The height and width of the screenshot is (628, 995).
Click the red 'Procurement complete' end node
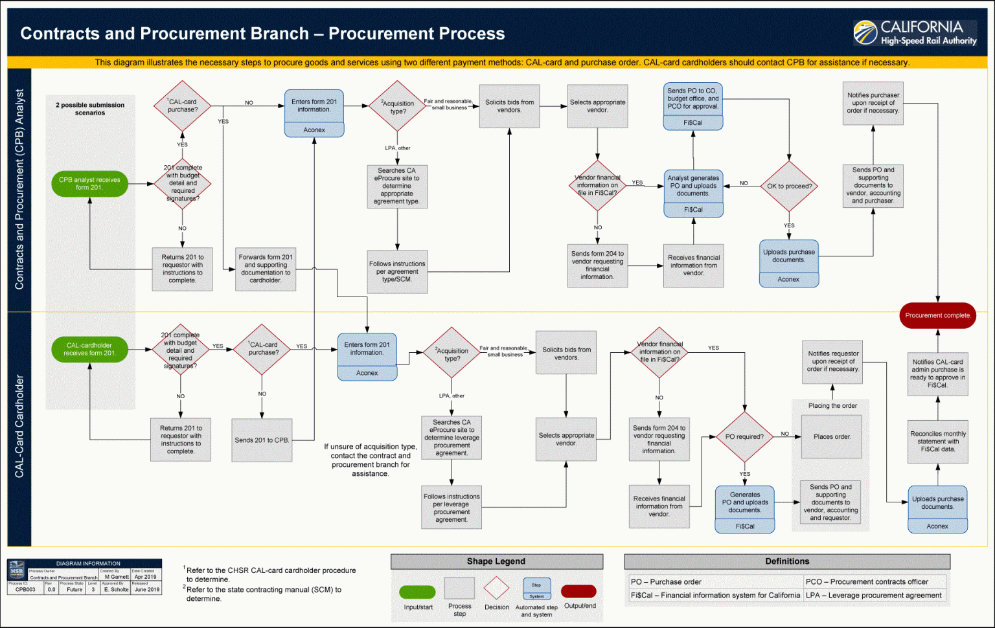937,315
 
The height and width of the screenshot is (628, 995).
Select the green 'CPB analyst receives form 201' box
89,184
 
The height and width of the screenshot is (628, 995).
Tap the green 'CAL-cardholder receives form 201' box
89,349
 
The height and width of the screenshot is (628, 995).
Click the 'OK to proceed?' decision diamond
789,186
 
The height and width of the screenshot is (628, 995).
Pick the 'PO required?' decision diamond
744,436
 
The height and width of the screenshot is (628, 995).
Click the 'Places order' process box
832,437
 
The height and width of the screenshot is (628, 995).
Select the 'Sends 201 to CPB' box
262,440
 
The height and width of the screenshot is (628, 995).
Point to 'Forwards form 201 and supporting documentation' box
266,269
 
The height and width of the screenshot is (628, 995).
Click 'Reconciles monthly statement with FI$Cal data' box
937,442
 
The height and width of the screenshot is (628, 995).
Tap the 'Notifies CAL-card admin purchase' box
937,374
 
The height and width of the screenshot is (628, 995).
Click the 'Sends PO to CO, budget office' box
692,99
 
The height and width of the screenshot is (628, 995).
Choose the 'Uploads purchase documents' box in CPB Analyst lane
788,256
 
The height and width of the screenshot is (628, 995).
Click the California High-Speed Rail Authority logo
915,32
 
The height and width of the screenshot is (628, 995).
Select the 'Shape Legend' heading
496,561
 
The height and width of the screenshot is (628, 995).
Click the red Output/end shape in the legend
578,591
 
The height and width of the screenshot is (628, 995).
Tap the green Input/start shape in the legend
417,592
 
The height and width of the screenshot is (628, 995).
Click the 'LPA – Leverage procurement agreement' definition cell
873,595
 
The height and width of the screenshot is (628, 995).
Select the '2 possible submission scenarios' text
90,109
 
